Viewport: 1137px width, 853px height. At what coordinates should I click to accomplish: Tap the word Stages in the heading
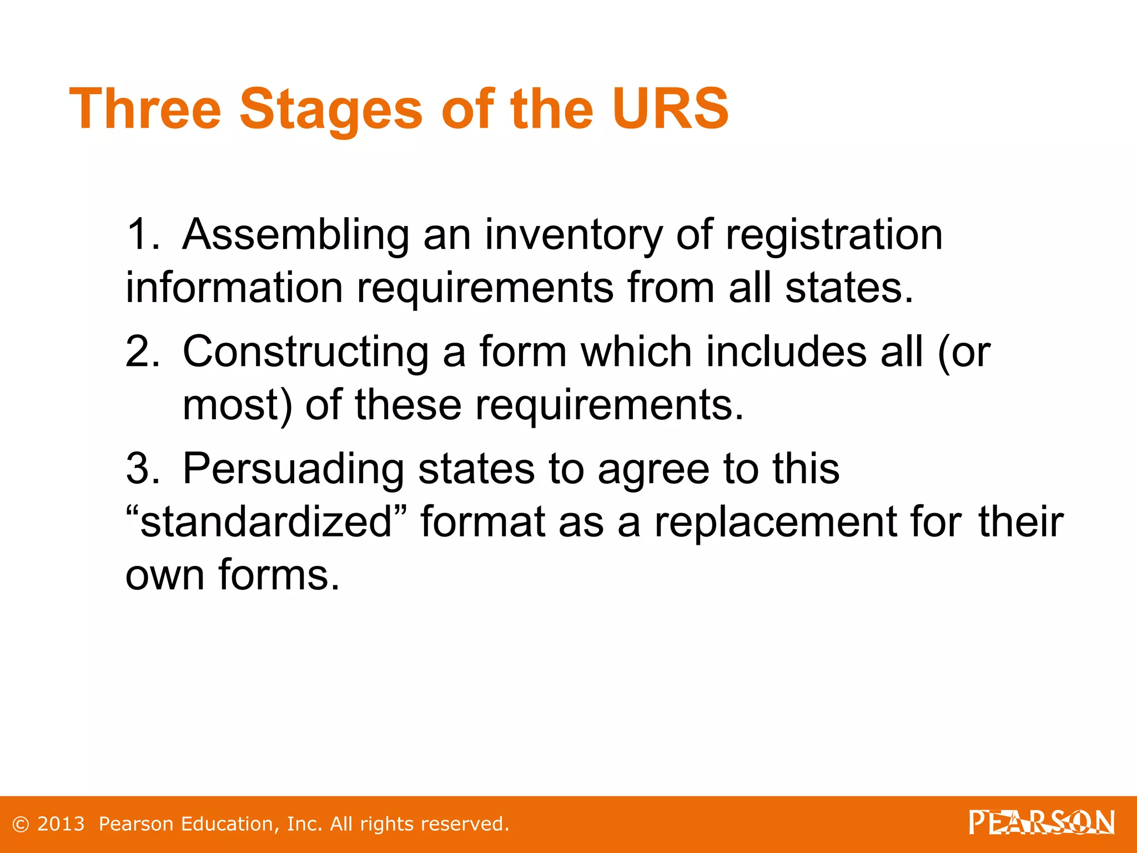pyautogui.click(x=331, y=110)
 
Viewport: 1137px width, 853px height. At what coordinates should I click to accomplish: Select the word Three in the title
pyautogui.click(x=145, y=109)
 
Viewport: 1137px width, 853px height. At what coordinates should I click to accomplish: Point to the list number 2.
pyautogui.click(x=142, y=352)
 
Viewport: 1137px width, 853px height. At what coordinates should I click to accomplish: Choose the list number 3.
pyautogui.click(x=142, y=469)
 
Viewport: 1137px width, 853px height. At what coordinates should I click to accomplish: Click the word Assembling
pyautogui.click(x=296, y=235)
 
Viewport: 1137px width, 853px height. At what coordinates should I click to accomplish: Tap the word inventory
pyautogui.click(x=573, y=235)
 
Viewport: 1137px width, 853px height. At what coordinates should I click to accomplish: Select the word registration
pyautogui.click(x=834, y=235)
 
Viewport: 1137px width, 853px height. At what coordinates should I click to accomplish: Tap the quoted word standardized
pyautogui.click(x=266, y=521)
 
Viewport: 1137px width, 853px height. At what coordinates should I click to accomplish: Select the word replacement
pyautogui.click(x=776, y=523)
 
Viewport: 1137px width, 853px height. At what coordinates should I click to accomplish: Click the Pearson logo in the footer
pyautogui.click(x=1042, y=822)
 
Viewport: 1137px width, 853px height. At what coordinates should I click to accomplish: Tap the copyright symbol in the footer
pyautogui.click(x=21, y=824)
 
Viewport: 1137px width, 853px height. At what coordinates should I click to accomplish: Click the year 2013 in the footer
pyautogui.click(x=61, y=824)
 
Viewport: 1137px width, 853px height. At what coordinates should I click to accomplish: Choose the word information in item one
pyautogui.click(x=234, y=288)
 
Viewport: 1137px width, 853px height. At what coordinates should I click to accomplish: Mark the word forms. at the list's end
pyautogui.click(x=278, y=574)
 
